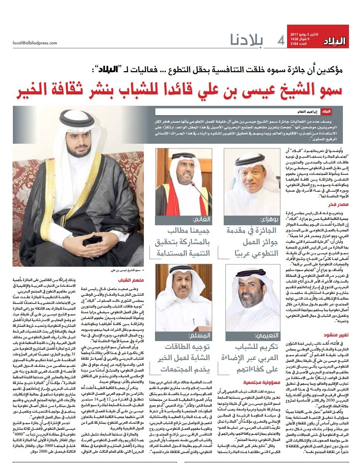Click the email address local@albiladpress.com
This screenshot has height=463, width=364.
(x=35, y=43)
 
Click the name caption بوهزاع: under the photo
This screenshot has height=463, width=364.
(x=269, y=220)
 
